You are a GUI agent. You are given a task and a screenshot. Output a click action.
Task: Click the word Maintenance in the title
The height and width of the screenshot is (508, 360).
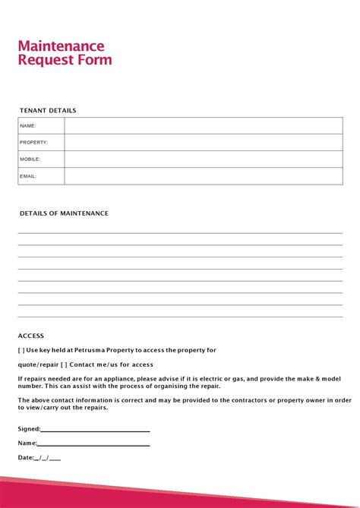click(61, 46)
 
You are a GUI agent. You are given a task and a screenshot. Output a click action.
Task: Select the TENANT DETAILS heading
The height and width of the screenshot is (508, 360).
click(48, 111)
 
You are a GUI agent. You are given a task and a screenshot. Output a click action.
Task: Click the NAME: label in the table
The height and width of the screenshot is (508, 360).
click(28, 126)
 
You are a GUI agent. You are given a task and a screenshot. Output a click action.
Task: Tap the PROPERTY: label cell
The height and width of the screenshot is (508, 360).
click(34, 143)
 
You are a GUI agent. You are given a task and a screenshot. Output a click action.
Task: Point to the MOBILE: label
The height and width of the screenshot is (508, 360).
click(30, 159)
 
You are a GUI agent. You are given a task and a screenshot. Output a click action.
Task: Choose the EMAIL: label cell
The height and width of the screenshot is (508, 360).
click(28, 176)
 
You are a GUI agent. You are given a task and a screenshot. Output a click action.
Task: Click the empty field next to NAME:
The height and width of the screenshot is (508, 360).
click(203, 126)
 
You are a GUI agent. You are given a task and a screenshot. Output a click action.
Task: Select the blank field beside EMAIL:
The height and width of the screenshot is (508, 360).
click(203, 176)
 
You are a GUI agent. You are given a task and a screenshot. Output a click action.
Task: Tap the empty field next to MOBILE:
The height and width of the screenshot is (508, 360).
click(203, 159)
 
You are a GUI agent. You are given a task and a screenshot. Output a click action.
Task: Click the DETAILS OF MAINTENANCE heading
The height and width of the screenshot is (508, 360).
click(64, 213)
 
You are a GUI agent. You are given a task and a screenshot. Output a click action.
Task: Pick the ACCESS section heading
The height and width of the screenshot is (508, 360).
click(31, 336)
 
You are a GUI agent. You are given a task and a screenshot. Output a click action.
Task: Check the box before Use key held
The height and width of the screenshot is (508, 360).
click(21, 350)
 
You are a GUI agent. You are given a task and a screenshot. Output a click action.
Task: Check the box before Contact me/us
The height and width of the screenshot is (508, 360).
click(64, 364)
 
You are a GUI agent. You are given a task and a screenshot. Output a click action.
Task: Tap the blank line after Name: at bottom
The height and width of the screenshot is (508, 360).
click(93, 443)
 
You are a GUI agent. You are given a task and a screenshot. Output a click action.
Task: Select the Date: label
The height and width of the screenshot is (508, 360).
click(26, 458)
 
